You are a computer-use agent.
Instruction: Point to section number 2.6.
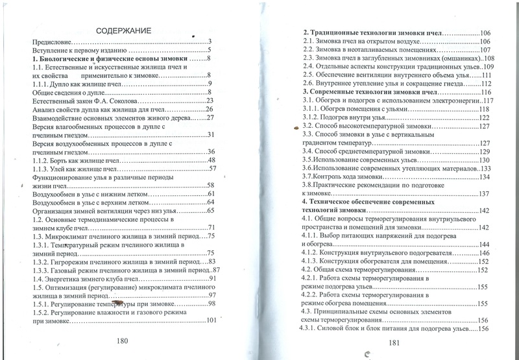click(x=311, y=84)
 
